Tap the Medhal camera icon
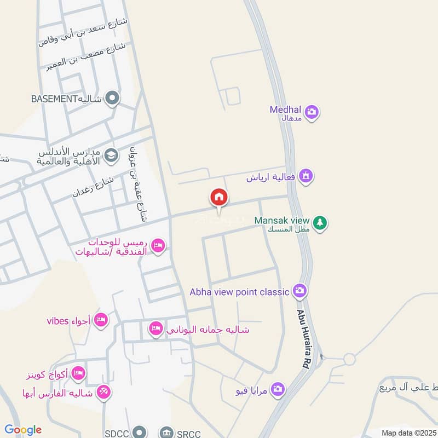[x=312, y=113]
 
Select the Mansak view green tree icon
[x=321, y=223]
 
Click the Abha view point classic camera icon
[x=299, y=291]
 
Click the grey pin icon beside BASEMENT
[x=113, y=99]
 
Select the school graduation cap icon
[x=111, y=155]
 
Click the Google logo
[x=23, y=430]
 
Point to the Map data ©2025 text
[x=408, y=433]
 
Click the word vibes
[x=56, y=321]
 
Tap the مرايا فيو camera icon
[x=278, y=389]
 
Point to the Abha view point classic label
[x=239, y=292]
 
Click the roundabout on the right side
[x=350, y=360]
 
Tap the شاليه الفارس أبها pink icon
[x=103, y=392]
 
